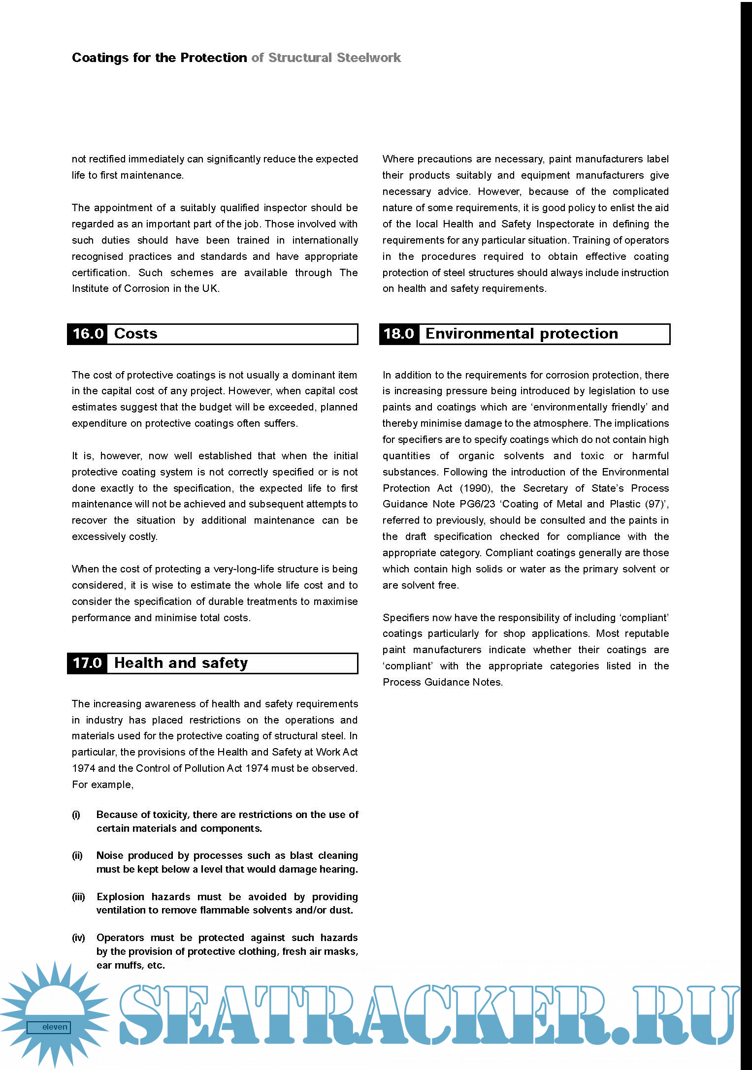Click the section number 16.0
pos(88,334)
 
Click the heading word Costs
pos(135,334)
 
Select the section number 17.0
pos(87,663)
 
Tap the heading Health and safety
pos(181,663)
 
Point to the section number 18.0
pos(399,334)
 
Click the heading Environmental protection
pos(522,334)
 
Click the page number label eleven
pos(54,1027)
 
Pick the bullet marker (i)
pos(76,815)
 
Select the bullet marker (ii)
pos(77,855)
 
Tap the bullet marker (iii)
pos(78,897)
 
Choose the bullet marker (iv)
pos(78,938)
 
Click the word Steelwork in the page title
pos(369,58)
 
